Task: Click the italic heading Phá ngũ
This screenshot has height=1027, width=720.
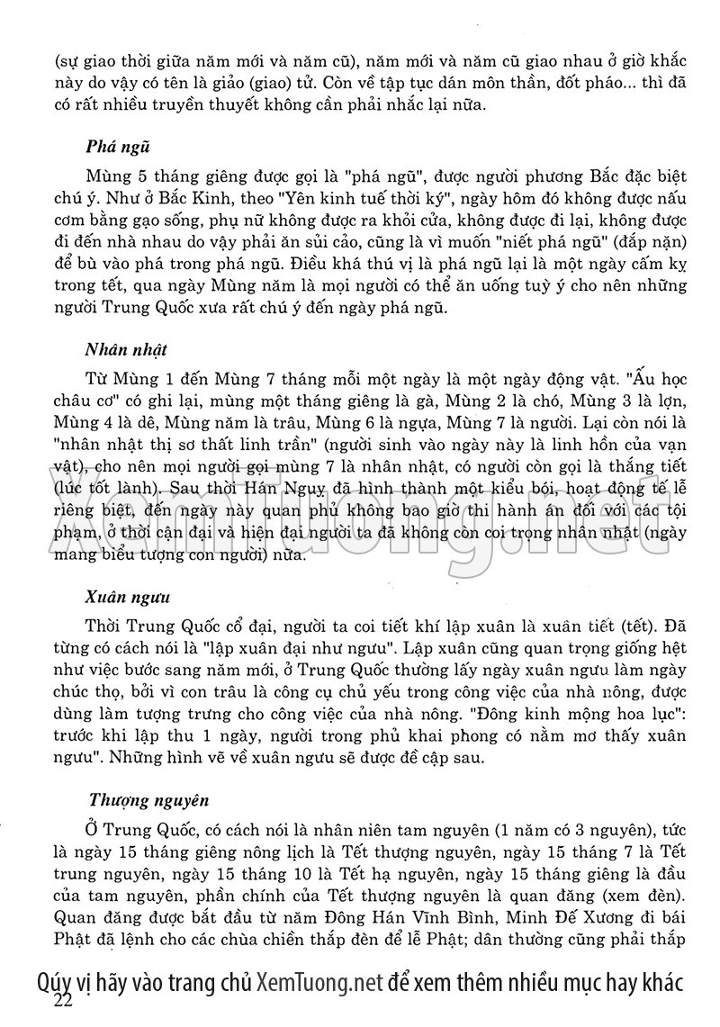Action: [x=118, y=147]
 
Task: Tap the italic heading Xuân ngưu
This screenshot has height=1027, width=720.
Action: [x=123, y=597]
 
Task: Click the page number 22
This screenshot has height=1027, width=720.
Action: [x=65, y=1000]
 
